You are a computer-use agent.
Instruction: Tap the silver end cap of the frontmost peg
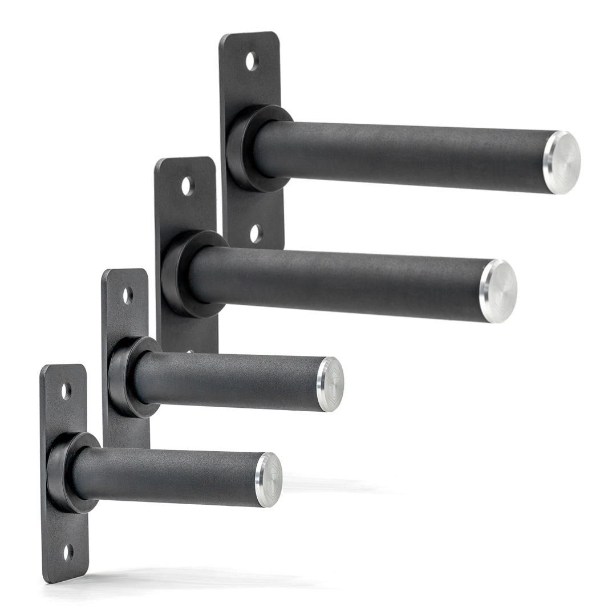click(x=269, y=480)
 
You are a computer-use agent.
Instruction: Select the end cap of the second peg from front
click(x=330, y=384)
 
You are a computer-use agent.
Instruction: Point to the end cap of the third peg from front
click(x=499, y=291)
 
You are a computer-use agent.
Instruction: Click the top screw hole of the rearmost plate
click(x=252, y=61)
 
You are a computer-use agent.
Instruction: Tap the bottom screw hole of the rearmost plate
click(x=256, y=233)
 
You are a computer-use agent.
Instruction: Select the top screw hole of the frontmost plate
click(x=66, y=391)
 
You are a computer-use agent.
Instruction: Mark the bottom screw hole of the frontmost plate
click(x=68, y=552)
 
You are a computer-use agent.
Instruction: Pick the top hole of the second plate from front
click(x=128, y=295)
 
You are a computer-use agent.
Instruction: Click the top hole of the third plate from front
click(x=188, y=185)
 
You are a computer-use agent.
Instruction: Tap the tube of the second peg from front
click(x=228, y=380)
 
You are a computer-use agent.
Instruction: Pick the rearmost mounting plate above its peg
click(x=251, y=80)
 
